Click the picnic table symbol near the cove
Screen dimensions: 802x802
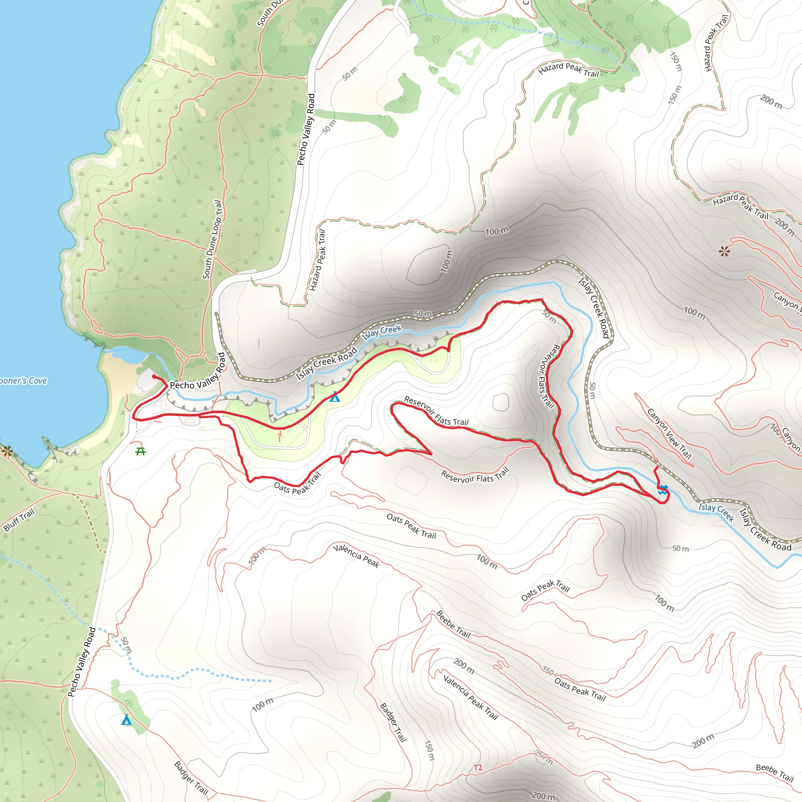[x=140, y=451]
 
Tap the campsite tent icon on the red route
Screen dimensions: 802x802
[x=334, y=397]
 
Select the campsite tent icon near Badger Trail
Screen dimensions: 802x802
[x=126, y=719]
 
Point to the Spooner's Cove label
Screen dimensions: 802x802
[x=23, y=381]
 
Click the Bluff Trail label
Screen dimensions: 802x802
[x=19, y=520]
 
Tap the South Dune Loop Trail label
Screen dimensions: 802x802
[x=212, y=240]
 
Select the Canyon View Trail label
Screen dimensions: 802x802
[x=669, y=434]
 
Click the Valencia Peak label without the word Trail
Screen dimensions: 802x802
[x=356, y=556]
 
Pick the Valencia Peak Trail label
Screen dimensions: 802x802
[x=470, y=697]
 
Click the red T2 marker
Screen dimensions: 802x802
[x=478, y=768]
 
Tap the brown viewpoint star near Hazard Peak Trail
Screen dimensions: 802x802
[x=724, y=251]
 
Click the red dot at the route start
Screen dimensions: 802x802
[x=154, y=376]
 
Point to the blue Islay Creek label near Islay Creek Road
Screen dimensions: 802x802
[x=382, y=332]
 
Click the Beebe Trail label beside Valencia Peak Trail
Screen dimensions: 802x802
[x=453, y=624]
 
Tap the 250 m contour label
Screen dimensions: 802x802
[x=544, y=757]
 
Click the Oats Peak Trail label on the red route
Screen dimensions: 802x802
[x=297, y=485]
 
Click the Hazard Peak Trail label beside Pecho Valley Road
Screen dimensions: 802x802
[x=318, y=260]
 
